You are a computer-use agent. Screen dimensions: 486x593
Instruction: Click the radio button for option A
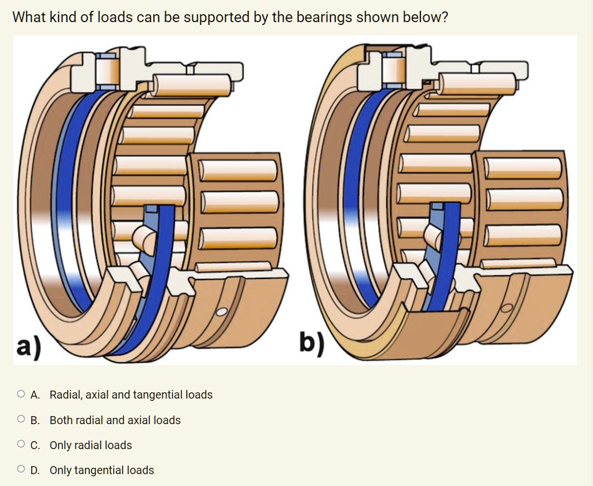pos(21,395)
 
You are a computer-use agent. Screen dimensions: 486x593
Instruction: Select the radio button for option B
pos(21,420)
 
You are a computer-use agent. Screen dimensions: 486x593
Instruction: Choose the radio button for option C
pos(21,445)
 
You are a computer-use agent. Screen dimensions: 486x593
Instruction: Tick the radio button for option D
pos(21,470)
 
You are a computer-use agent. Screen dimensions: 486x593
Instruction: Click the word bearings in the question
pos(324,18)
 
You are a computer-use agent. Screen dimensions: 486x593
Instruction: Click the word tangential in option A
pos(158,395)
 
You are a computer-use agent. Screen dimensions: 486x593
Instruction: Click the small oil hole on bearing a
pos(222,312)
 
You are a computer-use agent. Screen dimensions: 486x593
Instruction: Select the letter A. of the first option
pos(35,395)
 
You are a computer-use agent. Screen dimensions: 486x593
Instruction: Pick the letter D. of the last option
pos(35,470)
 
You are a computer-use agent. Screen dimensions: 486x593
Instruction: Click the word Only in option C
pos(60,445)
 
